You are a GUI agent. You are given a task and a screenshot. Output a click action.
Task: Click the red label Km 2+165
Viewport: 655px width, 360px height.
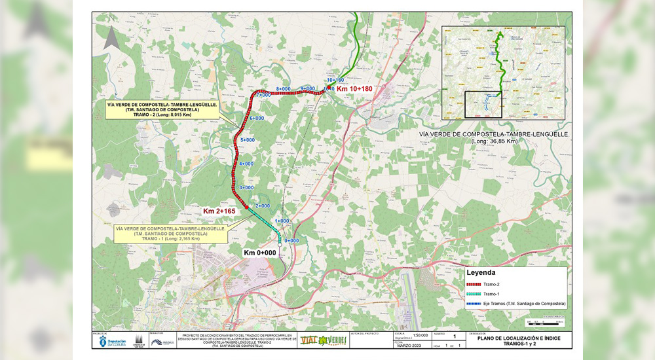tap(219, 211)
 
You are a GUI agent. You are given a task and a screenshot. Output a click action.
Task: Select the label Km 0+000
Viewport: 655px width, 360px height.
tap(259, 253)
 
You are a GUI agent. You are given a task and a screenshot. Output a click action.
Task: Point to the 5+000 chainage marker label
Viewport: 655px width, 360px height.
tap(248, 140)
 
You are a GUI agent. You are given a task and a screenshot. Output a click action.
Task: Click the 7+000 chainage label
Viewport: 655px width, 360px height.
tap(263, 95)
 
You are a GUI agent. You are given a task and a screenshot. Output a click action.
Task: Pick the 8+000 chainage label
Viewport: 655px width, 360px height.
tap(283, 88)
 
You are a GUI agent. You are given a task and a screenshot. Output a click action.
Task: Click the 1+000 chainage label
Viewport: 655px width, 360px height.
tap(282, 221)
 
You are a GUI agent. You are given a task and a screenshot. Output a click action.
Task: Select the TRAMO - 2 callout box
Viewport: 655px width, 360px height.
tap(155, 109)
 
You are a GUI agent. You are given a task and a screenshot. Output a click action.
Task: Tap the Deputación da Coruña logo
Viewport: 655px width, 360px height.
tap(109, 342)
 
